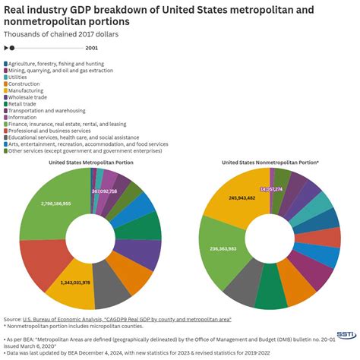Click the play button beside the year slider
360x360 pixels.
coord(7,47)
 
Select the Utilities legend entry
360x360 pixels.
coord(23,77)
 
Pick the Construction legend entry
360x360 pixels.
coord(27,84)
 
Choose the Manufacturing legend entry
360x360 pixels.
coord(30,90)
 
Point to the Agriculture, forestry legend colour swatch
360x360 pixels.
coord(6,63)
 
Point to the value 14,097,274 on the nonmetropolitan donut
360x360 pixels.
coord(270,188)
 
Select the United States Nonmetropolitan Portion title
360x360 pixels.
coord(270,162)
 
